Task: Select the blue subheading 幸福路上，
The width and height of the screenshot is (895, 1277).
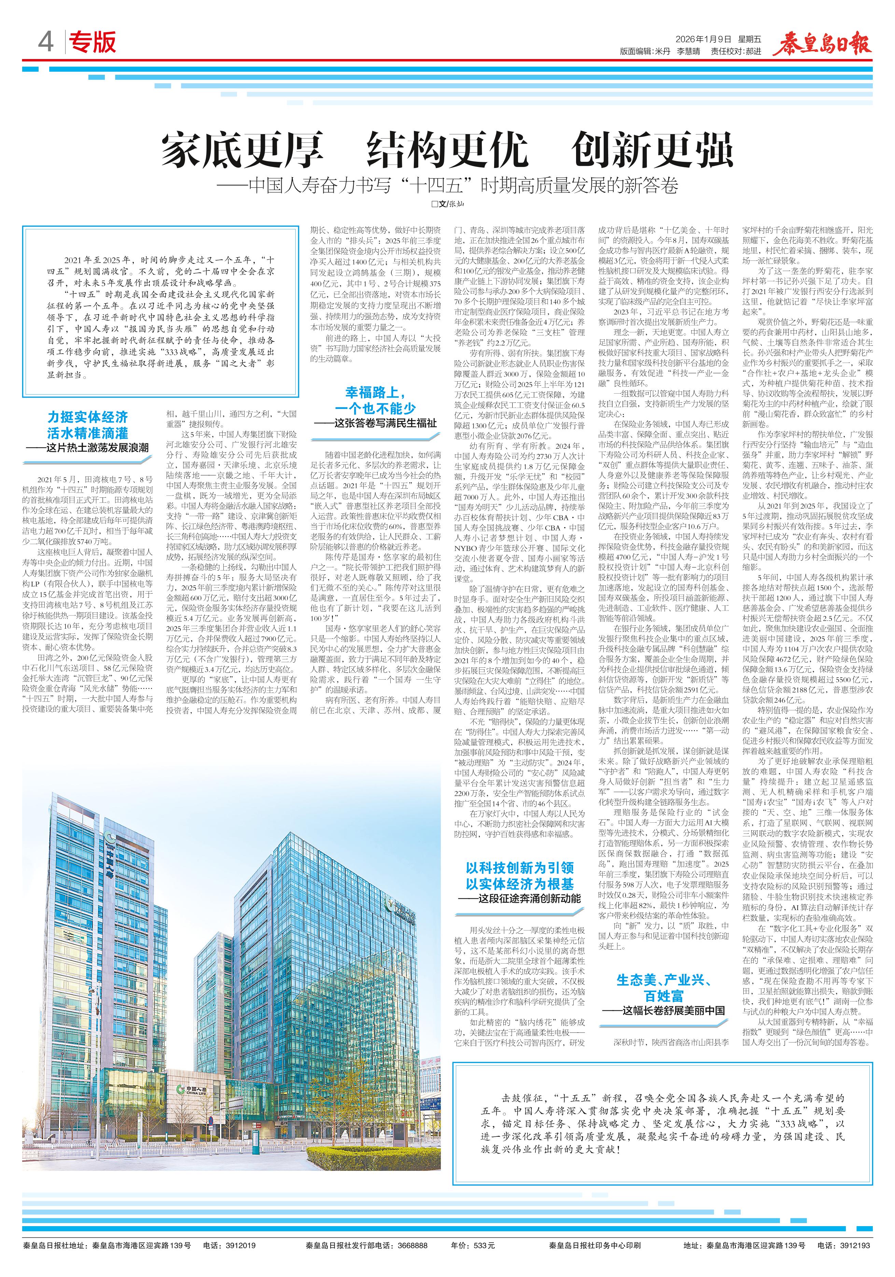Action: [x=376, y=393]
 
